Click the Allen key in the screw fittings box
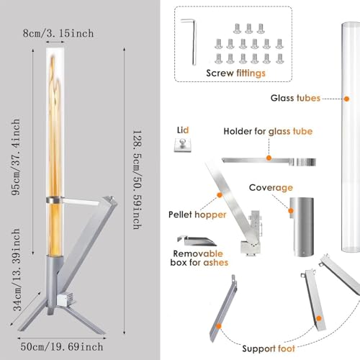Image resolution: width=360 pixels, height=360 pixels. point(194,42)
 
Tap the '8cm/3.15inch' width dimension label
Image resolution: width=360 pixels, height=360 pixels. point(58,33)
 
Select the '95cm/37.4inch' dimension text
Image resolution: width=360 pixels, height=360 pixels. point(16,157)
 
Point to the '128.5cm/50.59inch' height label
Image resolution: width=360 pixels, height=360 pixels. point(138,180)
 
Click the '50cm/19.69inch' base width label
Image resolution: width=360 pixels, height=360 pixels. point(62,347)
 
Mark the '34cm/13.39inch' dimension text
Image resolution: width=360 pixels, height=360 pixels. point(17,269)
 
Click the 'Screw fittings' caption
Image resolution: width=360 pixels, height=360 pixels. point(235,73)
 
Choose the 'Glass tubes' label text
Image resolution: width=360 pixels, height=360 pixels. point(295,98)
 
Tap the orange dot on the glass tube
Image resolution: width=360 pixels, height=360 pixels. point(346,99)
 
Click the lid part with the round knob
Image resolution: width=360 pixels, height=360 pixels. point(183,145)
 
